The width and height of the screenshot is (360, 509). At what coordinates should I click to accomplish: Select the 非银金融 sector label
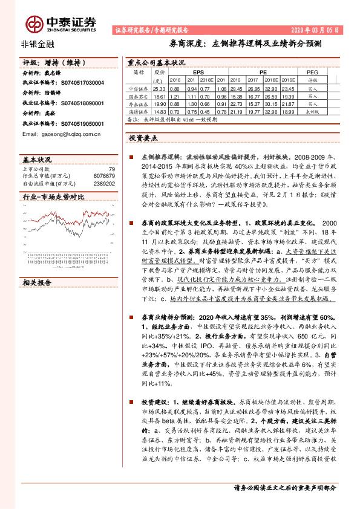click(35, 44)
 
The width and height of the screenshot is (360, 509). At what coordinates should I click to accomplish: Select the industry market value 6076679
click(103, 175)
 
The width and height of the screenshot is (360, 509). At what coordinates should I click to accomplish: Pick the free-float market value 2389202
click(103, 182)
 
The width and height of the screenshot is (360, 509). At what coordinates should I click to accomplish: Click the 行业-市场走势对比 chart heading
click(53, 197)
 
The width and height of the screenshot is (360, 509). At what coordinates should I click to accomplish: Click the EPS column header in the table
click(198, 71)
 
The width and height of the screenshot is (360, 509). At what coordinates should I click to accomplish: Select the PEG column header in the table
click(312, 71)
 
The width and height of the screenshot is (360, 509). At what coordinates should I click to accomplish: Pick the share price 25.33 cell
click(160, 88)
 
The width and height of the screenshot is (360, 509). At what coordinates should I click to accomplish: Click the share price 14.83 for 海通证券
click(160, 112)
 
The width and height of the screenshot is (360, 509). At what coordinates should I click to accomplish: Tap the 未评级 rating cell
click(312, 112)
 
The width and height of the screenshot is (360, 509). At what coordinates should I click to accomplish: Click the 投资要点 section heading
click(143, 138)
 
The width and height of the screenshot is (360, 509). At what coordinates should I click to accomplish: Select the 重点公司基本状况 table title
click(156, 62)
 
